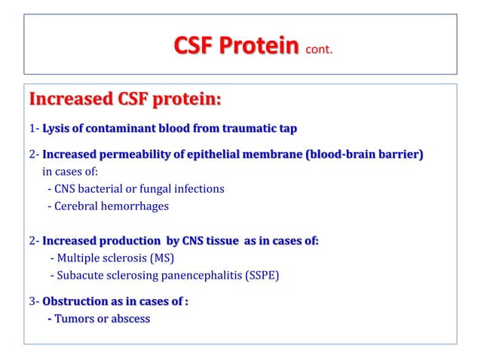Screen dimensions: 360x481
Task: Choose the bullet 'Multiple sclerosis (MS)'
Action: [112, 258]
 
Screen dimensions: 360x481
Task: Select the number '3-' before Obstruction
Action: [34, 301]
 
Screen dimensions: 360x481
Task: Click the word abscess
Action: [128, 319]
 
